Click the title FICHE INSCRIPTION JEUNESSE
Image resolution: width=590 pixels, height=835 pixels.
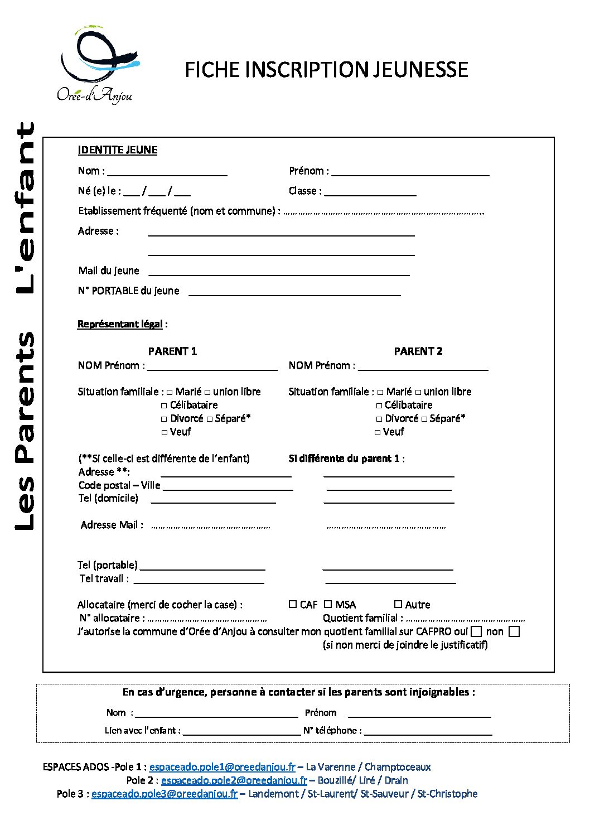pyautogui.click(x=326, y=70)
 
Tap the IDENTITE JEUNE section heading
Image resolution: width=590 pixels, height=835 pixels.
pyautogui.click(x=118, y=150)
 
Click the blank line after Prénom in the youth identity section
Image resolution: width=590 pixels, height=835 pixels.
pyautogui.click(x=410, y=172)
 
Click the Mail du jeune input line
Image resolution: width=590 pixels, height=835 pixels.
pyautogui.click(x=279, y=272)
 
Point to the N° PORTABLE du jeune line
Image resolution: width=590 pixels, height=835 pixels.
pyautogui.click(x=294, y=292)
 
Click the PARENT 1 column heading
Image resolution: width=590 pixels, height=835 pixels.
pyautogui.click(x=172, y=351)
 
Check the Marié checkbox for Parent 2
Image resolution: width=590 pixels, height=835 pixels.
pyautogui.click(x=380, y=392)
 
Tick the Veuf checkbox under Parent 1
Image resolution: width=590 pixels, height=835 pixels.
pyautogui.click(x=165, y=432)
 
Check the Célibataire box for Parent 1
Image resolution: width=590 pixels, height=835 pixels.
pyautogui.click(x=164, y=406)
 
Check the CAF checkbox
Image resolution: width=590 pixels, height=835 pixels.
pyautogui.click(x=293, y=604)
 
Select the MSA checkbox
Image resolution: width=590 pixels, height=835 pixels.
pyautogui.click(x=328, y=604)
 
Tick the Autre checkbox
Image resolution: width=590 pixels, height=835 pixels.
pyautogui.click(x=398, y=604)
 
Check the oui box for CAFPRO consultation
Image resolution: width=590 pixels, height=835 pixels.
pyautogui.click(x=476, y=631)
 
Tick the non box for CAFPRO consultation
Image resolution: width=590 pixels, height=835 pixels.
pyautogui.click(x=515, y=631)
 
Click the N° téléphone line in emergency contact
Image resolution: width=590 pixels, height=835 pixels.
pyautogui.click(x=428, y=731)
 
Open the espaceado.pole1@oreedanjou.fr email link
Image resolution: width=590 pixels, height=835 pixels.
pyautogui.click(x=223, y=767)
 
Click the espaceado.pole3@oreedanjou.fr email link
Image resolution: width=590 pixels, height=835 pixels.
pyautogui.click(x=165, y=794)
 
